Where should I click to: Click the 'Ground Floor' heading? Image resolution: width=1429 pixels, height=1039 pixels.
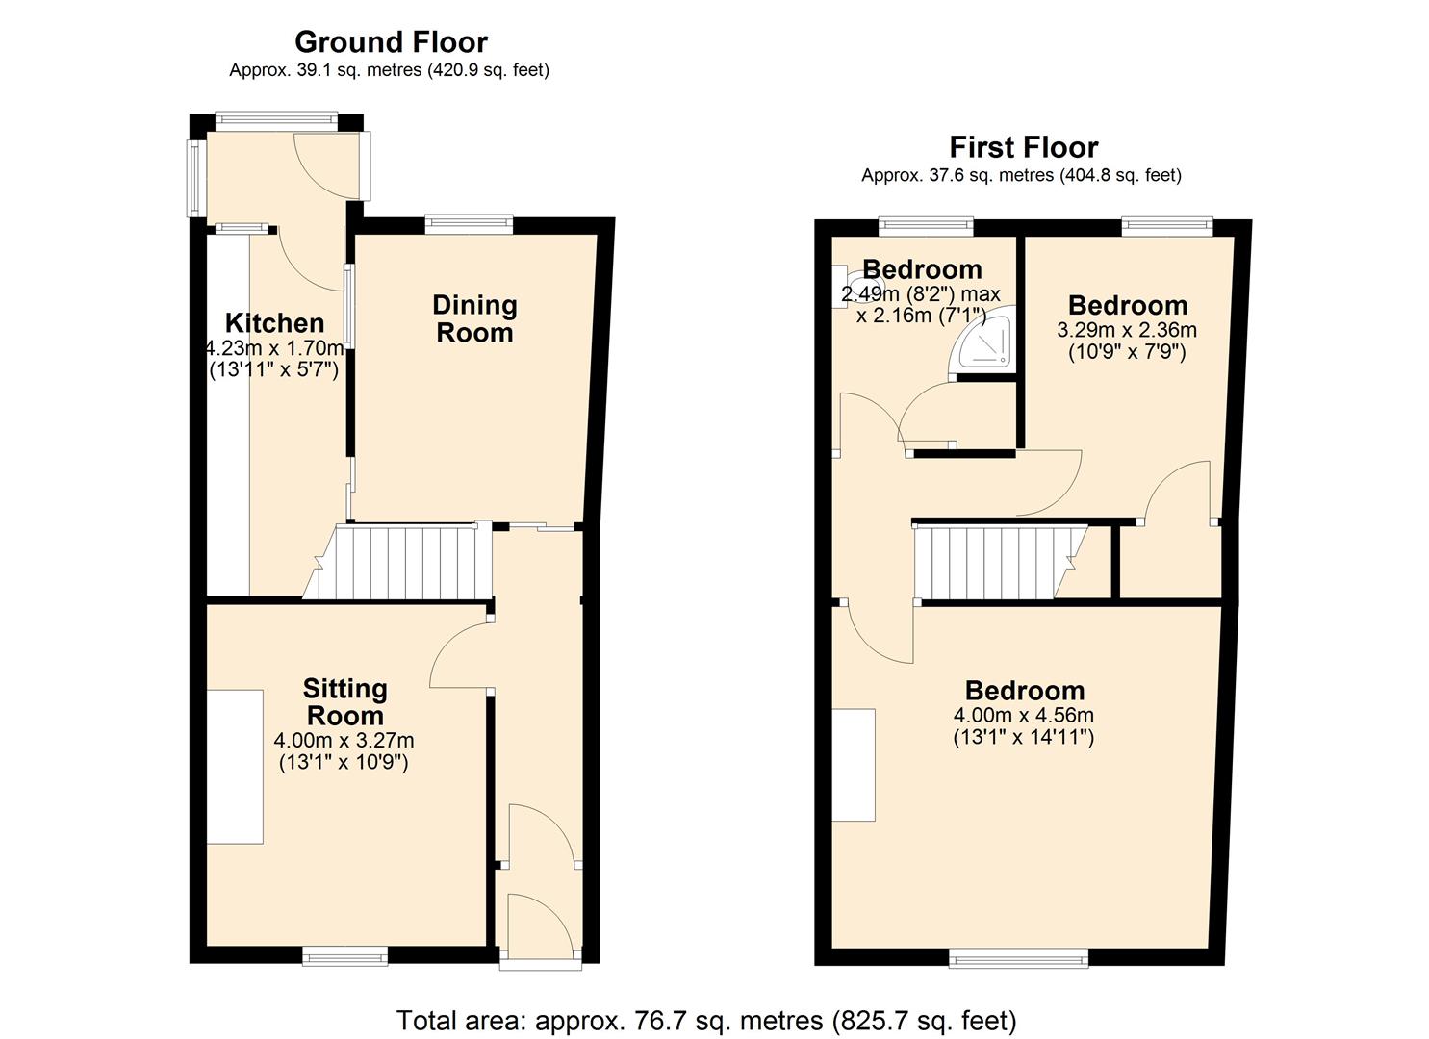click(x=391, y=42)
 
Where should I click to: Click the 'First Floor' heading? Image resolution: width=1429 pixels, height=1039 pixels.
click(x=1023, y=147)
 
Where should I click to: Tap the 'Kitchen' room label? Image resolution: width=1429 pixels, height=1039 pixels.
click(x=274, y=323)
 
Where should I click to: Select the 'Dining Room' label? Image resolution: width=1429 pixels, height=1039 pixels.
click(x=474, y=319)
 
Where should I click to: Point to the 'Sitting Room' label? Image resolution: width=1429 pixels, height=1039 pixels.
click(x=344, y=702)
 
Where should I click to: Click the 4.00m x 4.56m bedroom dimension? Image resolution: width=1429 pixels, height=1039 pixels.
click(x=1023, y=716)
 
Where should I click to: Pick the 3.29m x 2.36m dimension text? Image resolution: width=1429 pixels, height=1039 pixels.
click(x=1127, y=330)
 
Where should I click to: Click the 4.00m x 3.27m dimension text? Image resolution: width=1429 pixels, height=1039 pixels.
click(x=344, y=741)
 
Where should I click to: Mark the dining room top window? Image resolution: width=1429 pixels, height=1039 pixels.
click(x=469, y=225)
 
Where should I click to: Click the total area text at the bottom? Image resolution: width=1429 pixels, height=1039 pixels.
click(x=706, y=1020)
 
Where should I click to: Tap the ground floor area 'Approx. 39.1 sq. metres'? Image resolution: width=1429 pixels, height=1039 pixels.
click(x=389, y=70)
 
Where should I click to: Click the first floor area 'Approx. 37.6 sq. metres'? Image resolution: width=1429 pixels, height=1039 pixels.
click(x=1021, y=175)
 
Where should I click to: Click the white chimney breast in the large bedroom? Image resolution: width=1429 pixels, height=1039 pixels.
click(x=854, y=765)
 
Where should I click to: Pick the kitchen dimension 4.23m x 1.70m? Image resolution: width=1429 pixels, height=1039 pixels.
click(x=274, y=348)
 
